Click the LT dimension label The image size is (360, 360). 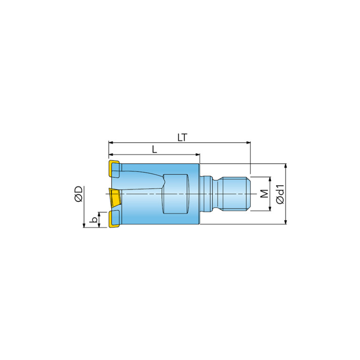point(183,138)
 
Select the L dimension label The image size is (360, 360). point(154,149)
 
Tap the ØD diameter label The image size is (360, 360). point(79,194)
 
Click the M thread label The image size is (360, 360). point(265,194)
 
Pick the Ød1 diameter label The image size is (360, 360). point(280,194)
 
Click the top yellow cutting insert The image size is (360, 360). point(115,169)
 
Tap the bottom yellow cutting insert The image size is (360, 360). point(114,219)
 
